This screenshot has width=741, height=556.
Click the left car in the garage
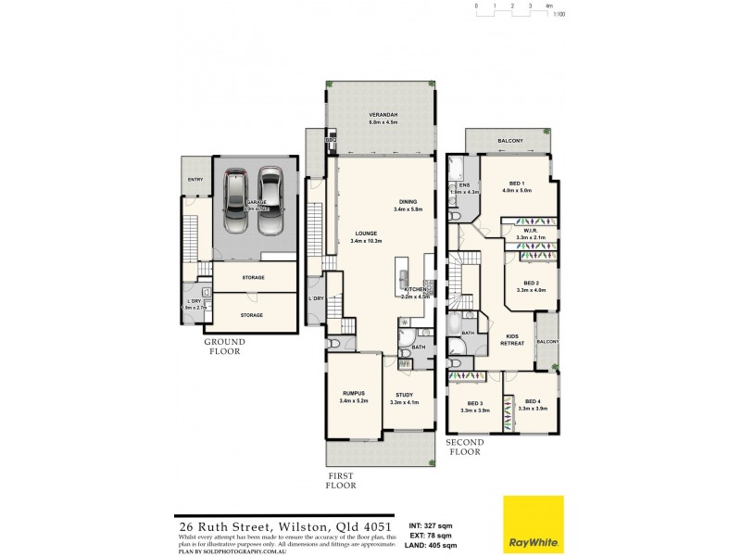[236, 191]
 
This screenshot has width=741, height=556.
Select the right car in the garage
[269, 191]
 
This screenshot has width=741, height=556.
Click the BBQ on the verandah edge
[330, 140]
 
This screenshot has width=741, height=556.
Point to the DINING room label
[407, 201]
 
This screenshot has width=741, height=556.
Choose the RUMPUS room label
[354, 395]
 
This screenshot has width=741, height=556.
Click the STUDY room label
[406, 395]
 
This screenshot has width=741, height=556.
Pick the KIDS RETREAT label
[513, 339]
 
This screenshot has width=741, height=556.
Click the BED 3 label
[474, 403]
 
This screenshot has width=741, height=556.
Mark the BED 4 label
[532, 401]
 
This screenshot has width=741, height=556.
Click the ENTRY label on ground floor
[195, 180]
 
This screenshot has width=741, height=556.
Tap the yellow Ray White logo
[533, 524]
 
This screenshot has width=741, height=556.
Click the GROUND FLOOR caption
[224, 346]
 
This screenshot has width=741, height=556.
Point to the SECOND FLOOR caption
[466, 449]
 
